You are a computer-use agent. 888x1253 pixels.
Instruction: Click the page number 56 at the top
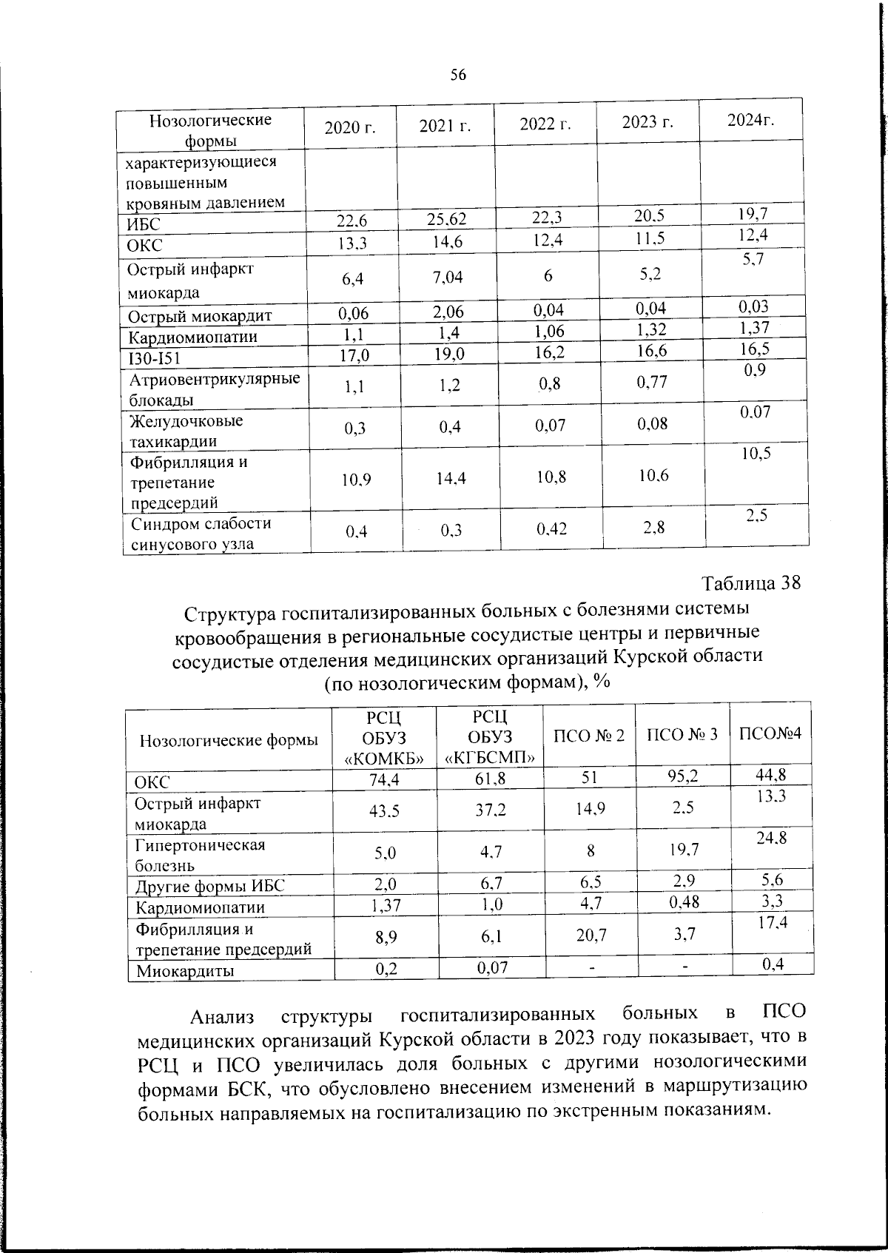pos(458,74)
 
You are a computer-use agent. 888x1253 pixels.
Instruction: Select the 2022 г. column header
pos(545,124)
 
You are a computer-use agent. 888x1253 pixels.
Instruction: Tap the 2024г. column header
pos(750,120)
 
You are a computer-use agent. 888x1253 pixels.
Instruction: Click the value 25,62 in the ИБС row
pos(448,218)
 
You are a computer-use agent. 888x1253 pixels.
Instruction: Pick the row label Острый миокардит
pos(200,317)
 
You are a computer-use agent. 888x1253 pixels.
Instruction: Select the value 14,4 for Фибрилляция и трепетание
pos(450,479)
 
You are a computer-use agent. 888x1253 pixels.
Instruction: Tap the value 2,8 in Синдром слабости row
pos(653,527)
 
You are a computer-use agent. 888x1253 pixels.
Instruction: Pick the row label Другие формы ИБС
pos(209,887)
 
